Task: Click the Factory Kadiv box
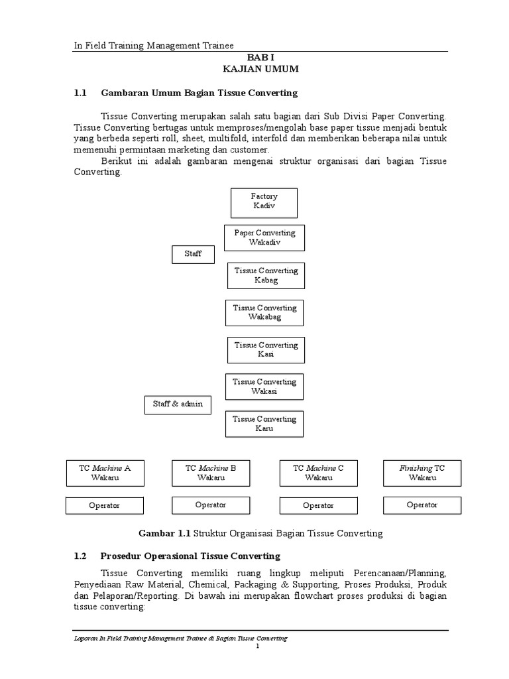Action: (264, 202)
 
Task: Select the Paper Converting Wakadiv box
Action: (264, 237)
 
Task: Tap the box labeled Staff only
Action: (193, 254)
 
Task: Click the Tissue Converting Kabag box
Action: (266, 275)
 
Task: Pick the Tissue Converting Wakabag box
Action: (264, 312)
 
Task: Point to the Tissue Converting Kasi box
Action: (266, 349)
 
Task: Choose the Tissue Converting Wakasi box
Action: (264, 387)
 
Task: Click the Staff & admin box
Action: (178, 404)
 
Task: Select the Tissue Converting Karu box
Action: (264, 424)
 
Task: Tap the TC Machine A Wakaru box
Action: (105, 473)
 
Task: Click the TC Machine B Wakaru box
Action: (210, 473)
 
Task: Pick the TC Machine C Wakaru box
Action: (318, 473)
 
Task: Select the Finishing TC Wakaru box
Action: (422, 473)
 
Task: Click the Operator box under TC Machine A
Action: (104, 505)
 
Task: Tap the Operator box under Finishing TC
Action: (422, 505)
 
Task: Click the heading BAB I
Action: (260, 58)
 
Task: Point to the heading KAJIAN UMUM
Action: (260, 69)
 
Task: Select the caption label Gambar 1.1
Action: (164, 533)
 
